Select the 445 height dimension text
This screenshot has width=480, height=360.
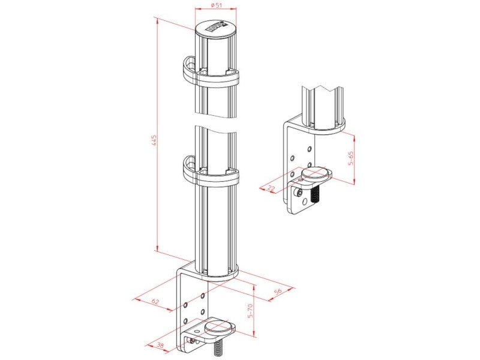tap(154, 140)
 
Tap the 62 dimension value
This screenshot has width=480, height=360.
tap(154, 301)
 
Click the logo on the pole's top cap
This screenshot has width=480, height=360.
tap(215, 27)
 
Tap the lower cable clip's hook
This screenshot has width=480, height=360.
tap(187, 167)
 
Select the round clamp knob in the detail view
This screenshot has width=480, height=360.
tap(316, 175)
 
